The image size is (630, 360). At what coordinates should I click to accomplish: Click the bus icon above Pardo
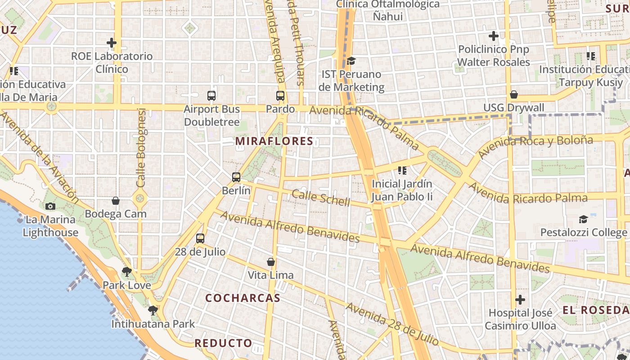click(x=280, y=95)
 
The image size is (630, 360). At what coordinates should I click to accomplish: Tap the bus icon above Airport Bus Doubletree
click(x=211, y=95)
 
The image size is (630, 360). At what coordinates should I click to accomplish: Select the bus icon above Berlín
click(x=236, y=177)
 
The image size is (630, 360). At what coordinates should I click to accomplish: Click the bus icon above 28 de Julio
click(x=200, y=238)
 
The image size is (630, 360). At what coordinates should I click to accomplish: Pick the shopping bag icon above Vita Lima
click(x=271, y=261)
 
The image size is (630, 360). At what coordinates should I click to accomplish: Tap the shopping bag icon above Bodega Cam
click(x=116, y=200)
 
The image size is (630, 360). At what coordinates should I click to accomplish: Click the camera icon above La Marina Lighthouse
click(x=50, y=206)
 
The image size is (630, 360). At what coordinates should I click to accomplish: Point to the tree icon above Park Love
click(x=127, y=271)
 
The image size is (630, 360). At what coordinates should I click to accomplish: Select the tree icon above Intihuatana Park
click(x=153, y=310)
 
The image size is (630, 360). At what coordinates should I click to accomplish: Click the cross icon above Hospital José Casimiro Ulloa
click(x=520, y=299)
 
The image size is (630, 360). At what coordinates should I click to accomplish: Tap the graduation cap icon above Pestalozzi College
click(x=583, y=219)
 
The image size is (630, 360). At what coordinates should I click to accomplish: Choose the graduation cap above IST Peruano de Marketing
click(x=351, y=61)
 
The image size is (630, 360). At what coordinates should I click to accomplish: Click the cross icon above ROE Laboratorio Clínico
click(x=112, y=43)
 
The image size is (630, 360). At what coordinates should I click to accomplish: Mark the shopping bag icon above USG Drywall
click(x=513, y=94)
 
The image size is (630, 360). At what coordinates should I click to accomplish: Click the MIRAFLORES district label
click(x=274, y=141)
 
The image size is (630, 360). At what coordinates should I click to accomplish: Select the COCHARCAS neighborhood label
click(x=243, y=298)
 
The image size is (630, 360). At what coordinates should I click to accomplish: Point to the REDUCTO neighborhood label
click(x=223, y=343)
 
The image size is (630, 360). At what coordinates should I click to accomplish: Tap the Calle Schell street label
click(x=320, y=198)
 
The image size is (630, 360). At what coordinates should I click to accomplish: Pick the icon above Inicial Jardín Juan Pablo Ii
click(x=402, y=170)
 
